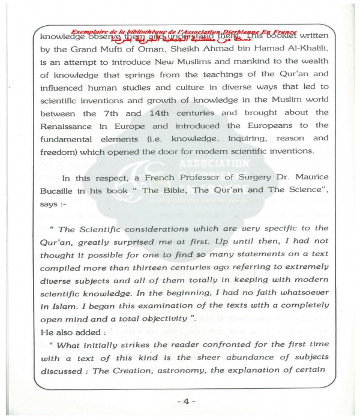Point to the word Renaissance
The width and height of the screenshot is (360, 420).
[67, 127]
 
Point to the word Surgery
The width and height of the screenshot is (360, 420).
[248, 179]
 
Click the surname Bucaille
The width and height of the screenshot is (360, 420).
[59, 193]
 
